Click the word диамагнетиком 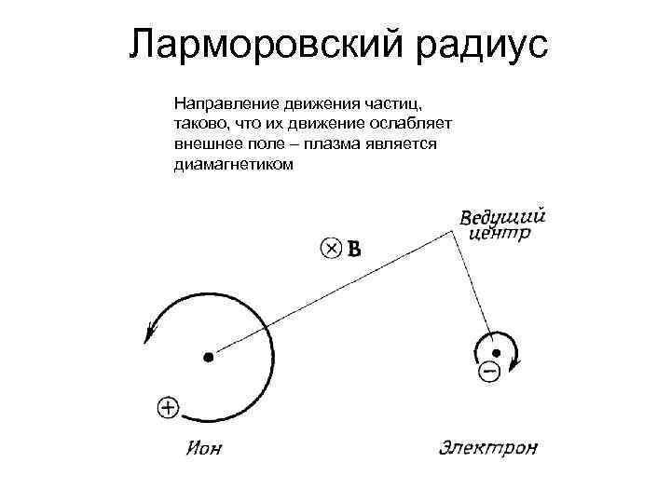[233, 165]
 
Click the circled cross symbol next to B [331, 248]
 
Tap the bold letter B [354, 249]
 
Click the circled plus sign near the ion [168, 406]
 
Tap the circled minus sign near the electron [488, 372]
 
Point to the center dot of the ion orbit [208, 356]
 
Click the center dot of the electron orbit [497, 352]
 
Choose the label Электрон [488, 449]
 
